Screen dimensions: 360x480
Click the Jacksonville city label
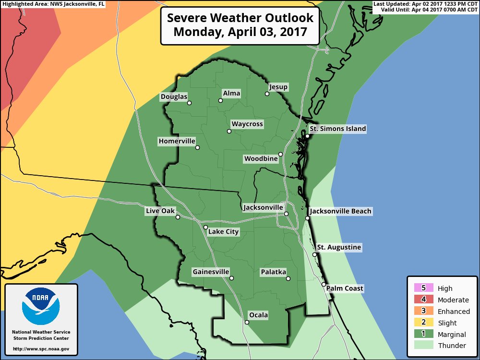(263, 207)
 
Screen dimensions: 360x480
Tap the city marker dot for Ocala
(247, 323)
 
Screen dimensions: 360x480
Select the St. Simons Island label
(337, 129)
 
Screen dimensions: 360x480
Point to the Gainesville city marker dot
(231, 278)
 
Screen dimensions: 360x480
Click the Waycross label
(247, 124)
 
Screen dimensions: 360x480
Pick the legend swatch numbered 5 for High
(423, 288)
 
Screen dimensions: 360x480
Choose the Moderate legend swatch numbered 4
(423, 300)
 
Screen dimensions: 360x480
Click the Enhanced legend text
(454, 311)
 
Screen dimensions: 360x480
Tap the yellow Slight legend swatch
(423, 323)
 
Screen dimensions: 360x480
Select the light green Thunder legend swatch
(423, 346)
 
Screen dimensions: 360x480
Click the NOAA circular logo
(41, 306)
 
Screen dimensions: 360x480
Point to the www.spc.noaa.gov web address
(41, 349)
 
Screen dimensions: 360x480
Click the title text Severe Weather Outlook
(240, 18)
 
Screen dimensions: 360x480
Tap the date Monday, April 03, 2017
(240, 33)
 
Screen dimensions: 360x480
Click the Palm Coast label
(345, 288)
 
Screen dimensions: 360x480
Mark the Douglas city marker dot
(189, 103)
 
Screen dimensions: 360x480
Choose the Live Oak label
(161, 211)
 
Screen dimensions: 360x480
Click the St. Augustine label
(339, 247)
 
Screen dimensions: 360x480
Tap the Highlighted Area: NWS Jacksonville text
(52, 4)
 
